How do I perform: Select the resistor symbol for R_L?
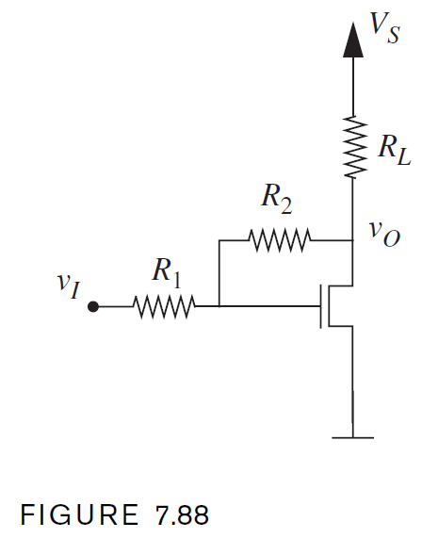point(352,146)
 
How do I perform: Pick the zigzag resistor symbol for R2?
point(279,240)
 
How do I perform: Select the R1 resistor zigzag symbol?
point(164,306)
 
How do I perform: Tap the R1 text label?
point(166,273)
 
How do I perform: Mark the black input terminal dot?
point(92,306)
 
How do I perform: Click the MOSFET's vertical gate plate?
point(320,306)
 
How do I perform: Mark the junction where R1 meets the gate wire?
point(219,306)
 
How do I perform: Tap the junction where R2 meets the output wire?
point(352,240)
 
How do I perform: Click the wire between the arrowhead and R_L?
point(352,85)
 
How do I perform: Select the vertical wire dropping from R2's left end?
point(219,273)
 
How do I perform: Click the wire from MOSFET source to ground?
point(352,386)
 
